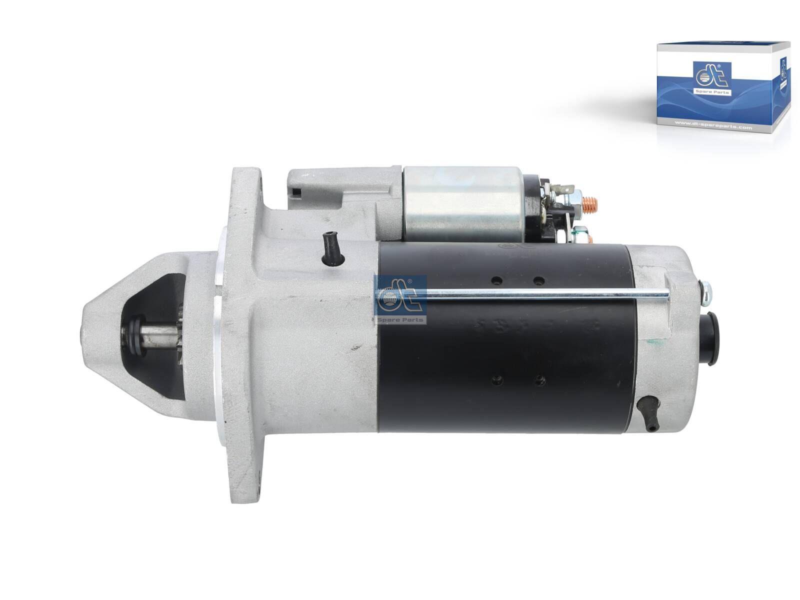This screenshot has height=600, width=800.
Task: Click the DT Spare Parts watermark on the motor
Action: pyautogui.click(x=400, y=299)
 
